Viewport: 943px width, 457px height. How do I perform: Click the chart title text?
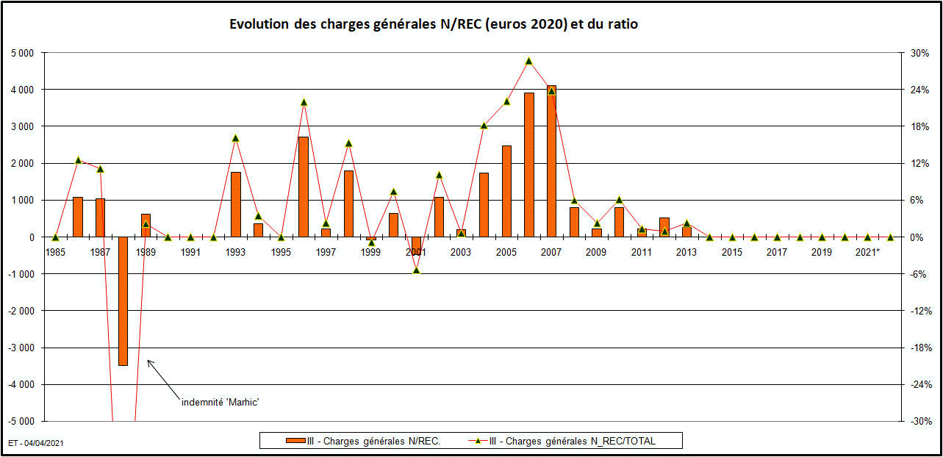pos(434,24)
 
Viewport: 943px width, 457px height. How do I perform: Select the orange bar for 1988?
pos(123,301)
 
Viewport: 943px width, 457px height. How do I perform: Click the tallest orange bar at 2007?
pos(551,162)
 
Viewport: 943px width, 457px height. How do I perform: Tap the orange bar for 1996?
pos(303,187)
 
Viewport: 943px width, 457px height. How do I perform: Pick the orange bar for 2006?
pos(528,165)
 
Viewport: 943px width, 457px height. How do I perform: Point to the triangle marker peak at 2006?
pos(528,61)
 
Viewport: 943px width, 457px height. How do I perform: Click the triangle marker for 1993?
pos(236,138)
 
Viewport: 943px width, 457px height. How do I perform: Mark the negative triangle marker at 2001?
pos(416,270)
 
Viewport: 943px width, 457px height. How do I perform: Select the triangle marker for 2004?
pos(484,126)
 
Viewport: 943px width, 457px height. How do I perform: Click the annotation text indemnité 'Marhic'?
pos(221,402)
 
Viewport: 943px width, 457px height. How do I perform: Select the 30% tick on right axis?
pos(919,53)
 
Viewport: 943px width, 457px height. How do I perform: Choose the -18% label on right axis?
pos(919,348)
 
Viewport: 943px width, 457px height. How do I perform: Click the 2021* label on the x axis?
pos(867,252)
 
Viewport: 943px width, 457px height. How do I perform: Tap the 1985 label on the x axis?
pos(55,252)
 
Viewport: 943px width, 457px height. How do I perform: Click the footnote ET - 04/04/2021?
pos(35,444)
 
